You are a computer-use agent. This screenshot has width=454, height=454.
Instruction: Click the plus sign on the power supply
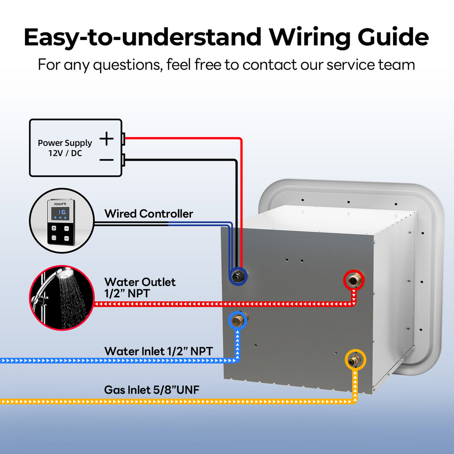(x=106, y=138)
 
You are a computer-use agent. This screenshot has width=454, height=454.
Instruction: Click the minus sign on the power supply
(x=106, y=160)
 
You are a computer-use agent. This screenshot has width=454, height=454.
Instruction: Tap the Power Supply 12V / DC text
(x=64, y=148)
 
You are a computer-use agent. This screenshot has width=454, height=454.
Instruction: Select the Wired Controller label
(x=148, y=214)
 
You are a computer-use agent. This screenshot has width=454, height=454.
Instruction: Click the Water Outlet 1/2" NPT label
(x=140, y=288)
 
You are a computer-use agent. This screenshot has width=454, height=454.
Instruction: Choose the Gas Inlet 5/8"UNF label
(x=152, y=390)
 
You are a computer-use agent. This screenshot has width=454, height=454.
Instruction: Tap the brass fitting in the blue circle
(x=237, y=321)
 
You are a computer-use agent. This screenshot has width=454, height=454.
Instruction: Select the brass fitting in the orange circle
(x=355, y=360)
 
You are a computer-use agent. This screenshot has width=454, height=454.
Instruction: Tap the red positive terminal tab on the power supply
(x=123, y=138)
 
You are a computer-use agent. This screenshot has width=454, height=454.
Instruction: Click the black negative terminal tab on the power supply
(x=123, y=159)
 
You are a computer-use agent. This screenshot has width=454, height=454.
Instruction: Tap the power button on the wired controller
(x=54, y=229)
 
